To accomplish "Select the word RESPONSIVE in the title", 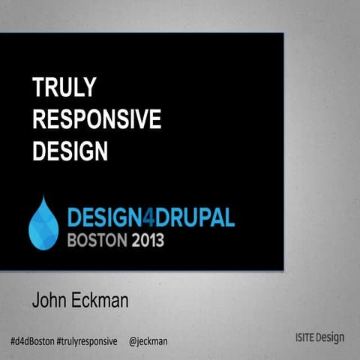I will click(97, 120).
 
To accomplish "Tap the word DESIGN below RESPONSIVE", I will click(70, 151).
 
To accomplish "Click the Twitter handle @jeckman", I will click(148, 341).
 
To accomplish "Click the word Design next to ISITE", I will click(330, 337).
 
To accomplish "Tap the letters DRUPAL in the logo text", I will click(199, 218).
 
